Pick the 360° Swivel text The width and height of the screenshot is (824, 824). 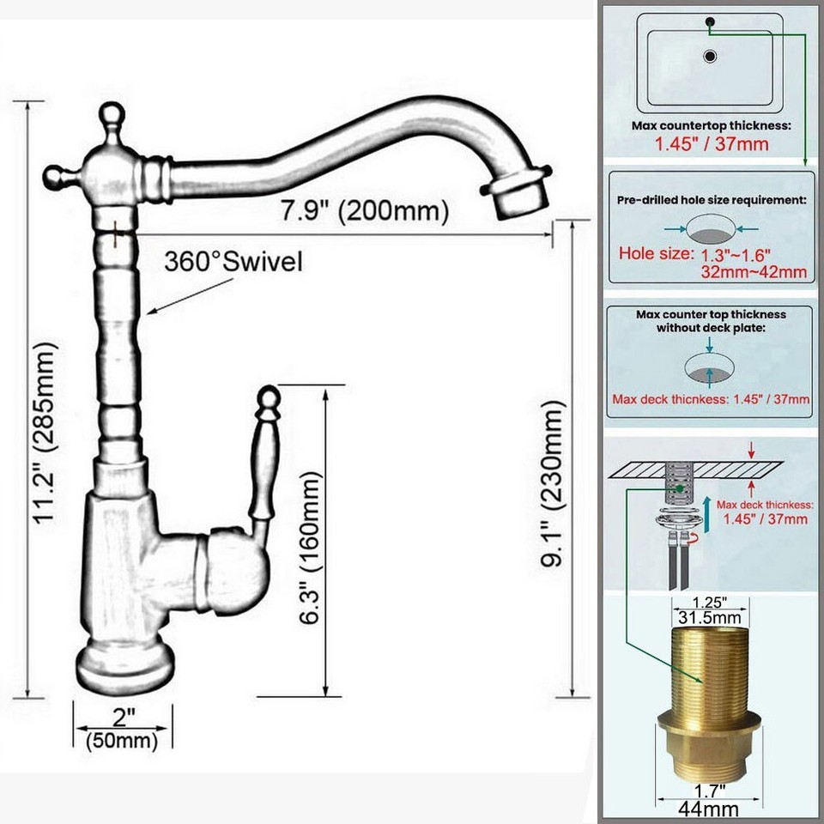(x=233, y=262)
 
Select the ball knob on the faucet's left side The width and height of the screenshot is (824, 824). (x=55, y=177)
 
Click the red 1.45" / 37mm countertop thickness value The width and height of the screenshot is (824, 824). (x=712, y=143)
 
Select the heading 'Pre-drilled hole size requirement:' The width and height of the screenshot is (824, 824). (x=712, y=199)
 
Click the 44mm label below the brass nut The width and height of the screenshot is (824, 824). (x=710, y=808)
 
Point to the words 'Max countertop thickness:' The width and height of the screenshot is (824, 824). (x=712, y=125)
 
